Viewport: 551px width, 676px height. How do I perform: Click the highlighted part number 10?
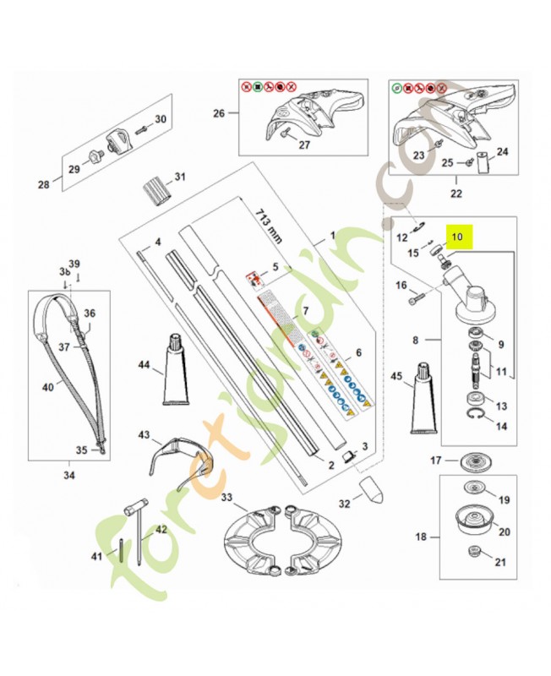458,237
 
